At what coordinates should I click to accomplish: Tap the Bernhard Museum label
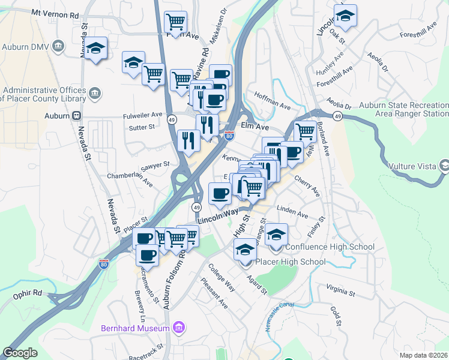134,328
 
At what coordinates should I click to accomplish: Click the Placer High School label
291,262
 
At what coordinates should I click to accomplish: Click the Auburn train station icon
76,115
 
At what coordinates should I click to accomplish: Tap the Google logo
20,353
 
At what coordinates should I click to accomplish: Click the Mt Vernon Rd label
55,13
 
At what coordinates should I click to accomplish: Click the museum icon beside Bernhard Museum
178,328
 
